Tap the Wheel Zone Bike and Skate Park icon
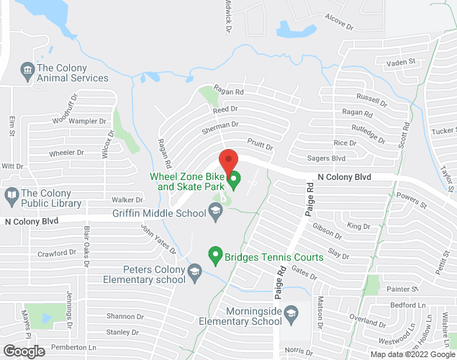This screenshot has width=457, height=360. click(x=233, y=178)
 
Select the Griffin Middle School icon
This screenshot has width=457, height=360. click(x=214, y=211)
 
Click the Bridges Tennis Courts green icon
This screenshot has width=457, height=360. click(x=214, y=254)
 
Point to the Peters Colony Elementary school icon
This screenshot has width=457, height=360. click(x=194, y=271)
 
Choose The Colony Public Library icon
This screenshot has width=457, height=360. click(x=12, y=195)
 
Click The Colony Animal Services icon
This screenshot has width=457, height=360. click(x=27, y=69)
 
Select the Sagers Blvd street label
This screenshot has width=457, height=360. click(x=327, y=158)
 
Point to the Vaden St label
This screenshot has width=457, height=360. click(x=402, y=63)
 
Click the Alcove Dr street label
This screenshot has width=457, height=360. click(x=340, y=20)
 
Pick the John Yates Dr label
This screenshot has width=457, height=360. click(x=158, y=240)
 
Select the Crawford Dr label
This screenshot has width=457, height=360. click(x=57, y=253)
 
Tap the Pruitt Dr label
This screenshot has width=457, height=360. click(x=260, y=145)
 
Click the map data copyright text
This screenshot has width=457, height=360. click(x=411, y=354)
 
